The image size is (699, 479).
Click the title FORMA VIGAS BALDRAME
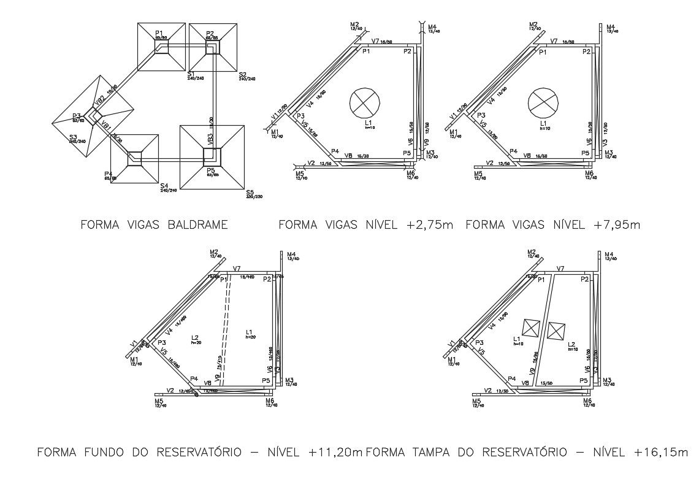point(154,225)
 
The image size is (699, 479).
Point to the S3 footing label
point(73,137)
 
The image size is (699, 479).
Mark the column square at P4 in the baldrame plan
point(134,159)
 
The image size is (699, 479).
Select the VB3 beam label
point(210,139)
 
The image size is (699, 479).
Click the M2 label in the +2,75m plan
point(355,24)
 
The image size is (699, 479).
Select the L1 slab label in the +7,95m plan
point(542,123)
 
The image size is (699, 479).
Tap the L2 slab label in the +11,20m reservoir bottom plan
point(194,337)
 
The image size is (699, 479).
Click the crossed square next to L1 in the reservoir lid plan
point(530,328)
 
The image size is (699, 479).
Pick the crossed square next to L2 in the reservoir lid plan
point(556,331)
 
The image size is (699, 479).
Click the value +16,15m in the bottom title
point(661,453)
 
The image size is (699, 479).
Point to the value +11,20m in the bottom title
point(335,453)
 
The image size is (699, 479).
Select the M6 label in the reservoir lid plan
point(587,400)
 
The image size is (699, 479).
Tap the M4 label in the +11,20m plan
point(291,254)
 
